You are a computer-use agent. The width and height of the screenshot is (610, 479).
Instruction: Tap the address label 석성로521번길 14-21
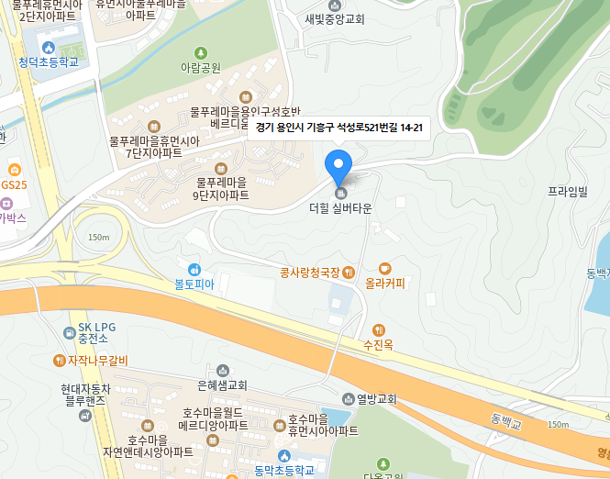point(339,128)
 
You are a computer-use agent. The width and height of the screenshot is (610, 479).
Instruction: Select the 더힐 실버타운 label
point(340,208)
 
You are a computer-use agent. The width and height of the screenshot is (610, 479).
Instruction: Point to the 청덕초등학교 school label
point(49,62)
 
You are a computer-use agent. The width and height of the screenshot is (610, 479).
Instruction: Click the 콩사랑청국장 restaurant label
point(310,273)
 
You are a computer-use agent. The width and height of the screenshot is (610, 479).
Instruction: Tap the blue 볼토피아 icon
point(194,269)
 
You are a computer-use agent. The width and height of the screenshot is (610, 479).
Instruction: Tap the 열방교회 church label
point(369,399)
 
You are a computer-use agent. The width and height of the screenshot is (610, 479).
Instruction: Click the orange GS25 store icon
point(14,171)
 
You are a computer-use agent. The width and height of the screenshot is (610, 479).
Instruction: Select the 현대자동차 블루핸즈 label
point(85,395)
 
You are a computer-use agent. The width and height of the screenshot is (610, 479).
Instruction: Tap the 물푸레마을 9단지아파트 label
point(220,189)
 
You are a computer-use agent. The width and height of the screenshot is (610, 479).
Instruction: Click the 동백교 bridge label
point(505,423)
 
